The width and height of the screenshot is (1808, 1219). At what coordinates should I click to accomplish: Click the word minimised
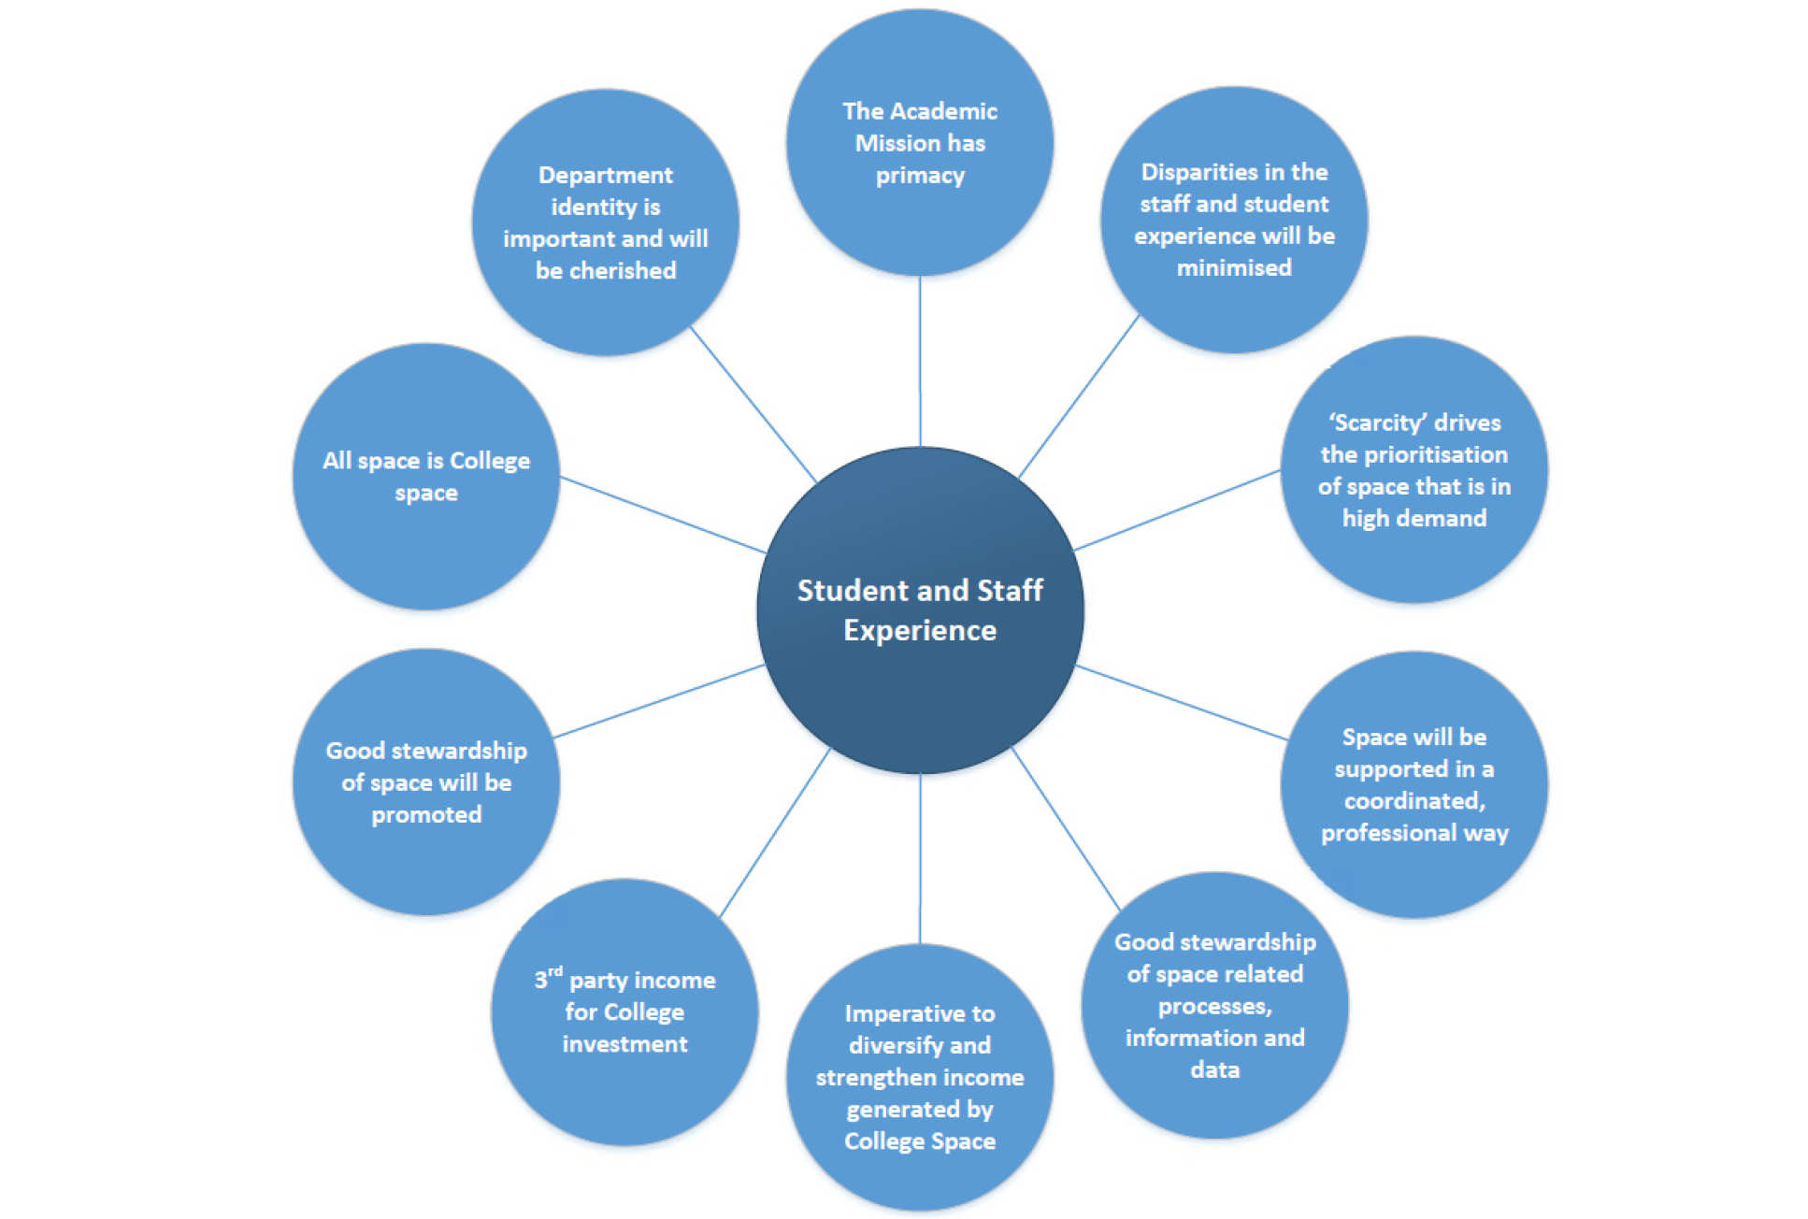tap(1234, 267)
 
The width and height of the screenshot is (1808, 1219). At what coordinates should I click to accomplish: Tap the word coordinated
tap(1413, 801)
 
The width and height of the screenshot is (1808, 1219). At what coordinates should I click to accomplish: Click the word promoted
tap(426, 814)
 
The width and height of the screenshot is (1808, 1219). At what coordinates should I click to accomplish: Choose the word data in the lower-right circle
tap(1214, 1069)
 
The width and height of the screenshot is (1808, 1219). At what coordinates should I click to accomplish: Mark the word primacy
tap(920, 175)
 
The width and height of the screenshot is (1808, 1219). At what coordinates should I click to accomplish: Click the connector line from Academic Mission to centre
tap(920, 360)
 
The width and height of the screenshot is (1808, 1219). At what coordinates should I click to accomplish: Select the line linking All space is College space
tap(662, 514)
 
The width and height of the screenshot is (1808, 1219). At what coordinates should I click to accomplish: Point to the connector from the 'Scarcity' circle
tap(1176, 510)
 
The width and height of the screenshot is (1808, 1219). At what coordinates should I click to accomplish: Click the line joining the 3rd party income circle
tap(774, 832)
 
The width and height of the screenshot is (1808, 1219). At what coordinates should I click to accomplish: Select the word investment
tap(624, 1043)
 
